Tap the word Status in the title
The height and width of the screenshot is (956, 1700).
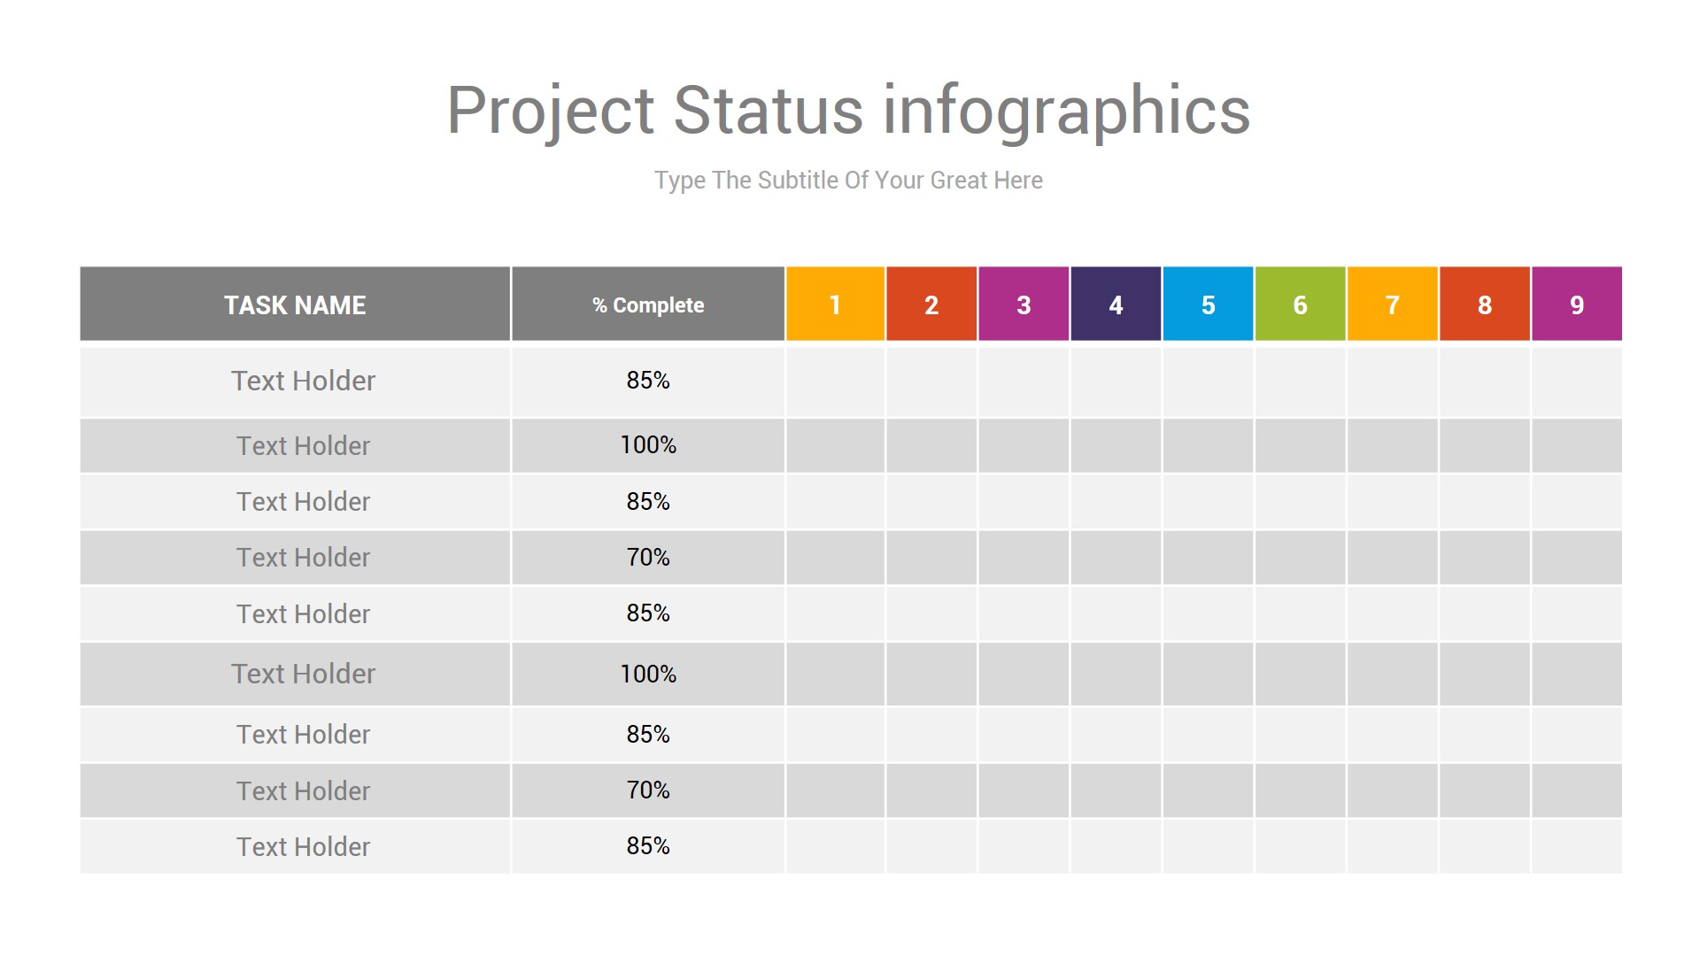pyautogui.click(x=769, y=110)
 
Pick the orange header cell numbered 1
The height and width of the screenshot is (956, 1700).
pyautogui.click(x=835, y=304)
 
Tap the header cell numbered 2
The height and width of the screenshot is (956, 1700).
pyautogui.click(x=931, y=304)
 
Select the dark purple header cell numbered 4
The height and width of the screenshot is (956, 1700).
pyautogui.click(x=1116, y=304)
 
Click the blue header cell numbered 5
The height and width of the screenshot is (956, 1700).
pyautogui.click(x=1208, y=304)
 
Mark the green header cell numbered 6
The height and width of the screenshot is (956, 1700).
pyautogui.click(x=1300, y=304)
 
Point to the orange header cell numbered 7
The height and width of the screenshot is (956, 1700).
pyautogui.click(x=1392, y=304)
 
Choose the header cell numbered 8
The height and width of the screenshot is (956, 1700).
pyautogui.click(x=1485, y=304)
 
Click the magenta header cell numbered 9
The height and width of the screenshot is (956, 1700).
pyautogui.click(x=1577, y=304)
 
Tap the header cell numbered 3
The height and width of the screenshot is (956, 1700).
pyautogui.click(x=1024, y=304)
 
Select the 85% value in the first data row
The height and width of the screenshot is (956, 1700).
pyautogui.click(x=648, y=381)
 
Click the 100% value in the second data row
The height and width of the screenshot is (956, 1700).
pyautogui.click(x=648, y=445)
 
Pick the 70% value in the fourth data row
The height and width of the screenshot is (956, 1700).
pyautogui.click(x=648, y=558)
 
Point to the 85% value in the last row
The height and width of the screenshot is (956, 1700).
pyautogui.click(x=648, y=846)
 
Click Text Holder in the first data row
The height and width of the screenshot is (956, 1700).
pyautogui.click(x=304, y=381)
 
